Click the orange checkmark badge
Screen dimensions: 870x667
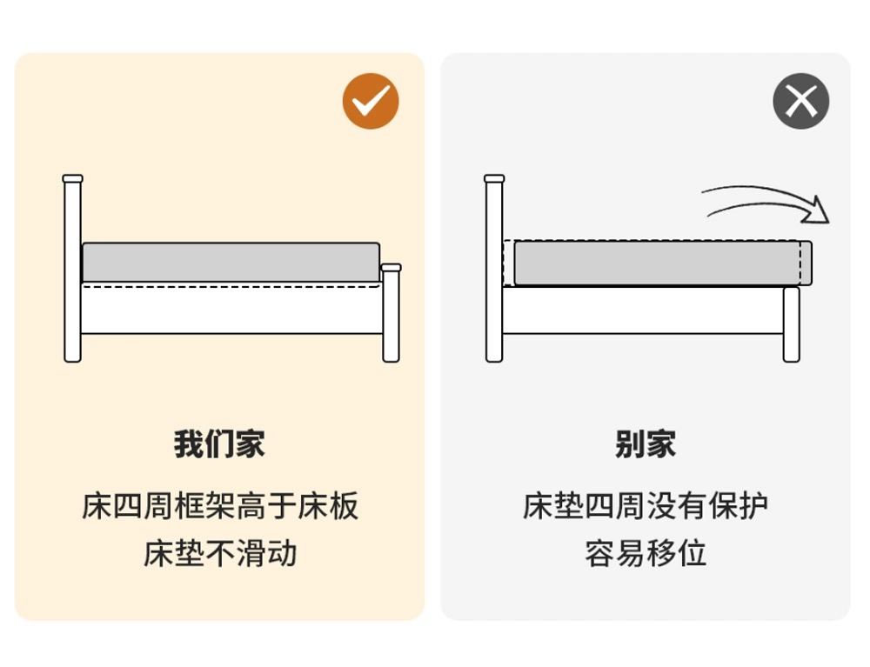(x=371, y=101)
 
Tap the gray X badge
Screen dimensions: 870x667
(x=800, y=101)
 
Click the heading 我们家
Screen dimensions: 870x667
(x=220, y=444)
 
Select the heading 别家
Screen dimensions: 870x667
(x=646, y=444)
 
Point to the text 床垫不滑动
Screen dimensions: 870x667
(x=220, y=553)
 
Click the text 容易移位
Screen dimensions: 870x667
(x=646, y=553)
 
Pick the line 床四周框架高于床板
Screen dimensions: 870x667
(x=220, y=505)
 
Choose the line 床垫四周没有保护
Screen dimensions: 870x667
(x=646, y=505)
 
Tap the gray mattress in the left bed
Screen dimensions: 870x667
(x=231, y=263)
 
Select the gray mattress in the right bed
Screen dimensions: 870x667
(x=663, y=263)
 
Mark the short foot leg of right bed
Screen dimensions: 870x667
(x=791, y=324)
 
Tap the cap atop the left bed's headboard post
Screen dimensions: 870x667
(x=73, y=178)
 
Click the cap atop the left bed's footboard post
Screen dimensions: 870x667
(x=391, y=267)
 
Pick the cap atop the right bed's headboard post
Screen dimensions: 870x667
(x=494, y=178)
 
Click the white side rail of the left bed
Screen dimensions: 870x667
(x=232, y=308)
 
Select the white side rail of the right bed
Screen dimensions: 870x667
(x=643, y=310)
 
